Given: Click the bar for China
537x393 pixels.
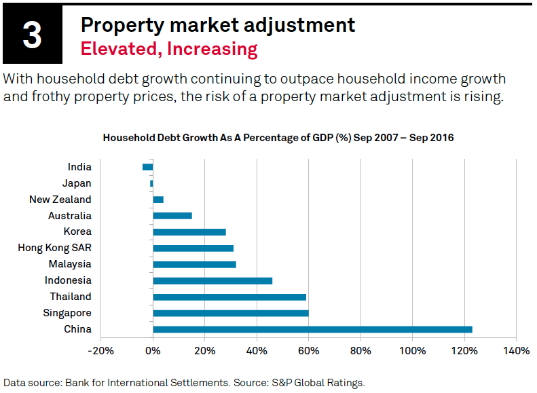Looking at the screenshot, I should pyautogui.click(x=312, y=329).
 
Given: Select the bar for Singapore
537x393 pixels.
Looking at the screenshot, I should pyautogui.click(x=231, y=313).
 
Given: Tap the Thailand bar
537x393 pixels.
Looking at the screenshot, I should pyautogui.click(x=229, y=297).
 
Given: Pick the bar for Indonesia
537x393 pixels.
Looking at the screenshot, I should pyautogui.click(x=212, y=280).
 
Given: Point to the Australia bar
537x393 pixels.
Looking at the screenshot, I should pyautogui.click(x=172, y=216).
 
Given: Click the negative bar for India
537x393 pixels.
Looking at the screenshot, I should pyautogui.click(x=148, y=167).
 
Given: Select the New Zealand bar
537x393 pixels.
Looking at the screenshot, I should pyautogui.click(x=158, y=200).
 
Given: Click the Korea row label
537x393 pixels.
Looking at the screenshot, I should pyautogui.click(x=77, y=231).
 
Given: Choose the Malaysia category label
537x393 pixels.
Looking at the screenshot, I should pyautogui.click(x=70, y=264).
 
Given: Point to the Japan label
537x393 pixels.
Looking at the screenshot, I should pyautogui.click(x=77, y=183).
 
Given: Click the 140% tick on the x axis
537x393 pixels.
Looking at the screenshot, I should pyautogui.click(x=517, y=351).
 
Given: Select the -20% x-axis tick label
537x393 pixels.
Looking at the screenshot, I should pyautogui.click(x=100, y=351).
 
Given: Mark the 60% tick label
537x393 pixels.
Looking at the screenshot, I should pyautogui.click(x=309, y=351).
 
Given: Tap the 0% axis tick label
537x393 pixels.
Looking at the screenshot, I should pyautogui.click(x=153, y=351).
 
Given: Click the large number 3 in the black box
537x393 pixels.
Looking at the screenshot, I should pyautogui.click(x=33, y=36).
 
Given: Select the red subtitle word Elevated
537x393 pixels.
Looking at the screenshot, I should pyautogui.click(x=112, y=49).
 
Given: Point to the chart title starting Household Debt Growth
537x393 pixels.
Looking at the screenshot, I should pyautogui.click(x=278, y=138).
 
